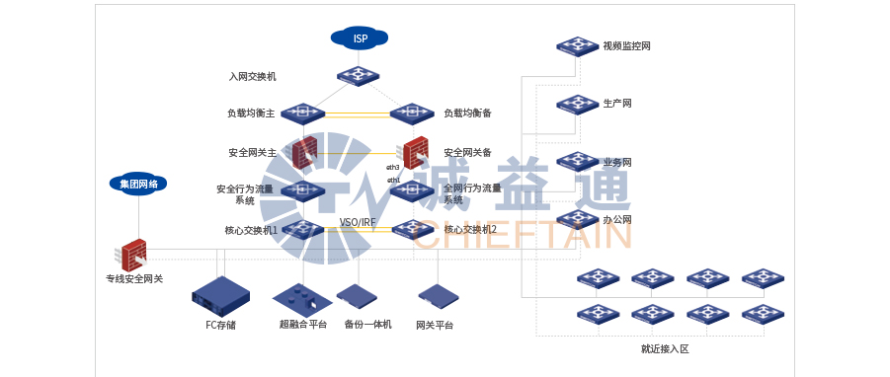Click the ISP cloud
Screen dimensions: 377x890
(360, 38)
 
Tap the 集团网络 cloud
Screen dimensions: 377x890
(138, 184)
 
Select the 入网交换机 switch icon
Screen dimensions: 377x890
(358, 75)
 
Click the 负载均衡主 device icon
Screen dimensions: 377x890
(302, 113)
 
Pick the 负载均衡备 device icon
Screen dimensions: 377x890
(412, 113)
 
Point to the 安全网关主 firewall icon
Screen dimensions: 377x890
(304, 152)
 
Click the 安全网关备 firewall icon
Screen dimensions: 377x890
(415, 152)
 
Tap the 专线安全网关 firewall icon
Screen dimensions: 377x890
(133, 254)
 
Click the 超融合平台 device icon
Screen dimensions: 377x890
(302, 297)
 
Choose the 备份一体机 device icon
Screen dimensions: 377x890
(358, 296)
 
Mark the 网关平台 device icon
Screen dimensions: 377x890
(438, 296)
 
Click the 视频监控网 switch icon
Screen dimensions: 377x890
(577, 45)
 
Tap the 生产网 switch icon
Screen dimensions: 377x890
(577, 104)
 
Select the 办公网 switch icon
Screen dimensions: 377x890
(577, 219)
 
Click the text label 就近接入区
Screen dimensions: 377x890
(664, 349)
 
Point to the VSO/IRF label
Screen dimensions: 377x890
(358, 222)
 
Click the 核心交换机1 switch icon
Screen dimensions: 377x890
(302, 229)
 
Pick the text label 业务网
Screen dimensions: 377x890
(617, 162)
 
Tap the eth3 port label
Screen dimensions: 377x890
(392, 168)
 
